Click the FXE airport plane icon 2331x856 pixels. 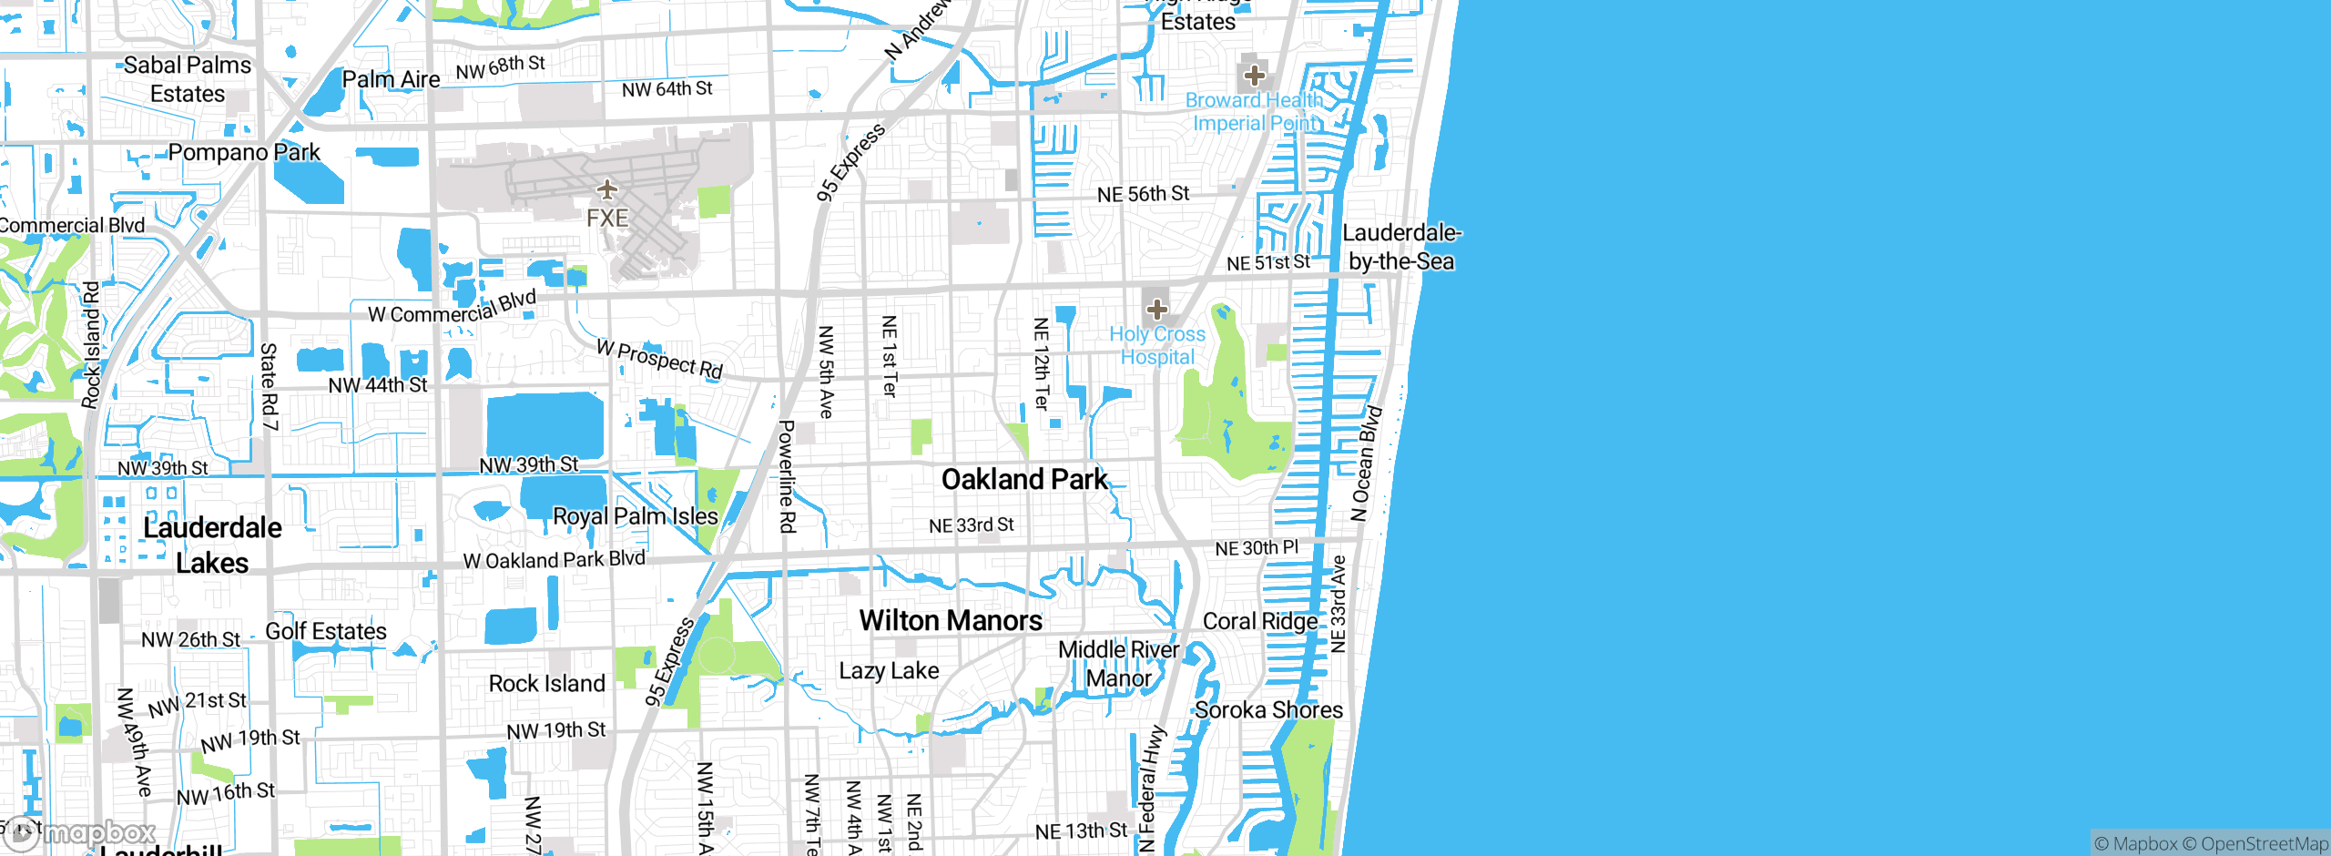607,189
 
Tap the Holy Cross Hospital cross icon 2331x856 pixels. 1156,310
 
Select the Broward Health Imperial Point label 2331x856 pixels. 1254,112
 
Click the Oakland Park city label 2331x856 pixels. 1024,480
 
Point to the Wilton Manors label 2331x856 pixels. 951,621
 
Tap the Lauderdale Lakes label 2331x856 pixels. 212,545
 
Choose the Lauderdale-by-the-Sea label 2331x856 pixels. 1401,248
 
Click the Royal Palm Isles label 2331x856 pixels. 636,516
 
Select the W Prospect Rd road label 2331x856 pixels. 660,359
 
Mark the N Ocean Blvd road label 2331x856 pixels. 1367,464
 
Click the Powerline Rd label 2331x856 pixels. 787,476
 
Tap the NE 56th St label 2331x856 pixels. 1143,194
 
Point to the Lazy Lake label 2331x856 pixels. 889,671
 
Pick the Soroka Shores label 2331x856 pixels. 1268,710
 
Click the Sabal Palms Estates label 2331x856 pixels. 188,79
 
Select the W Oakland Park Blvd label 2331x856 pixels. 554,559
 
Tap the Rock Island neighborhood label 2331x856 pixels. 546,684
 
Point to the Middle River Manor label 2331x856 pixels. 1118,664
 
